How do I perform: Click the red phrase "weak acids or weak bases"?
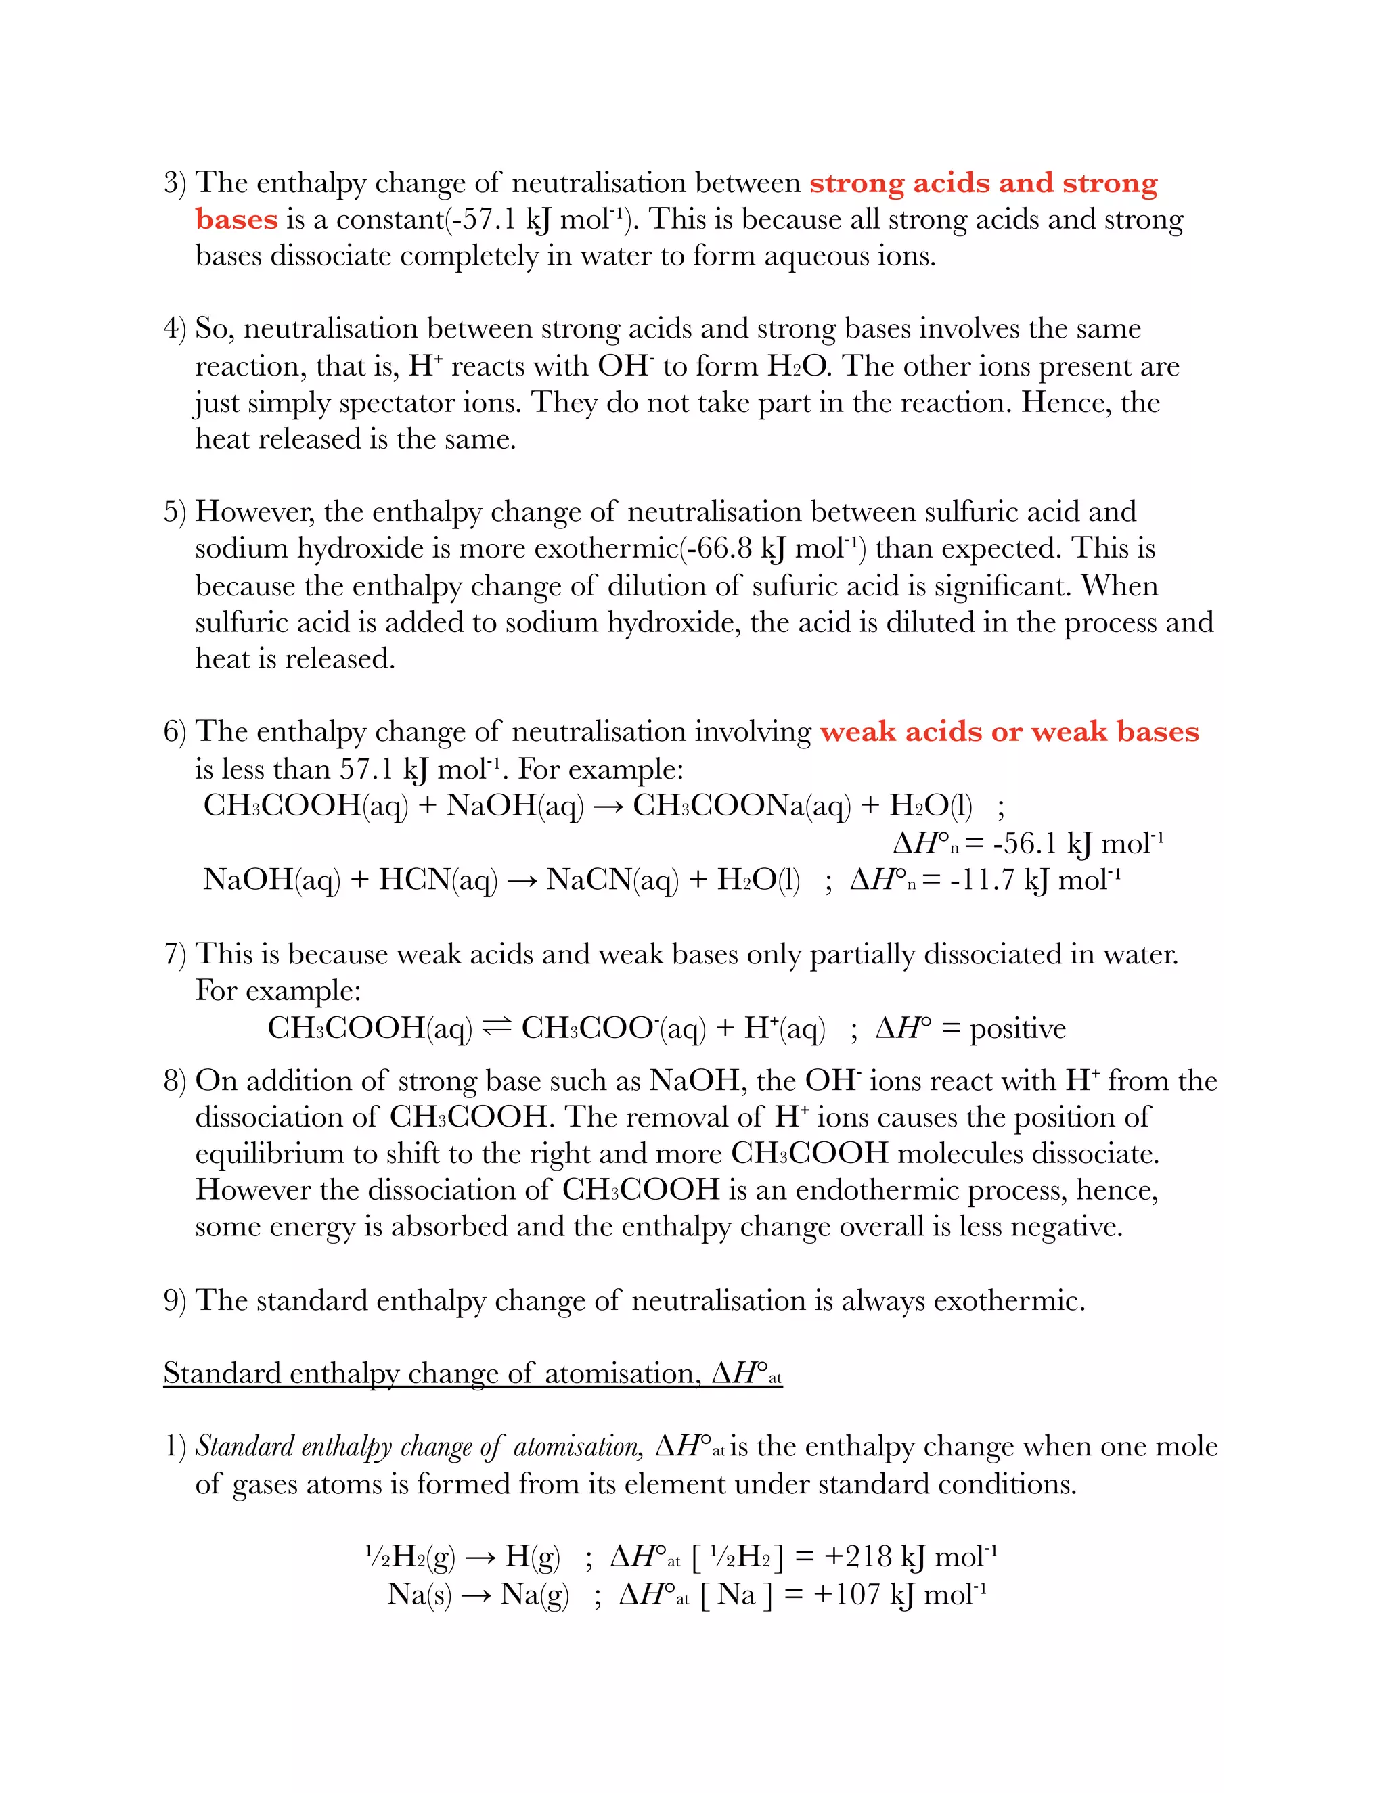coord(1009,731)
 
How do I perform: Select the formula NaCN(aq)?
coord(612,880)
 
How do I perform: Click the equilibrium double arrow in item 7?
coord(497,1026)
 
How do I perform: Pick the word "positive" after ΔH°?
coord(1017,1028)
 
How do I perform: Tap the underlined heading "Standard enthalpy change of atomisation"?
coord(472,1374)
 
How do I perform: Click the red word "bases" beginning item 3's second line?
coord(236,219)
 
